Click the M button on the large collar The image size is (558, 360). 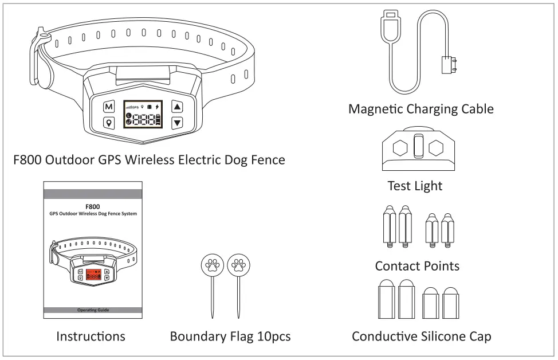pyautogui.click(x=109, y=107)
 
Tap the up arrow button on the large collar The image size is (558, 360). pyautogui.click(x=177, y=107)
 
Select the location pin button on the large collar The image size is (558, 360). pyautogui.click(x=109, y=122)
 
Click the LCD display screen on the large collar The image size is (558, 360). pyautogui.click(x=143, y=115)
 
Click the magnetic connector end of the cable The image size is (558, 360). pyautogui.click(x=449, y=64)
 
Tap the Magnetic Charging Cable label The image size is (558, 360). pyautogui.click(x=421, y=109)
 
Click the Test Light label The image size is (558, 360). pyautogui.click(x=415, y=186)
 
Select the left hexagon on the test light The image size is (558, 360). pyautogui.click(x=400, y=148)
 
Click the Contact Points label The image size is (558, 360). pyautogui.click(x=417, y=266)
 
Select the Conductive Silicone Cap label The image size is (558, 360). pyautogui.click(x=421, y=336)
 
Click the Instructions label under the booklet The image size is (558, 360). pyautogui.click(x=91, y=336)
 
